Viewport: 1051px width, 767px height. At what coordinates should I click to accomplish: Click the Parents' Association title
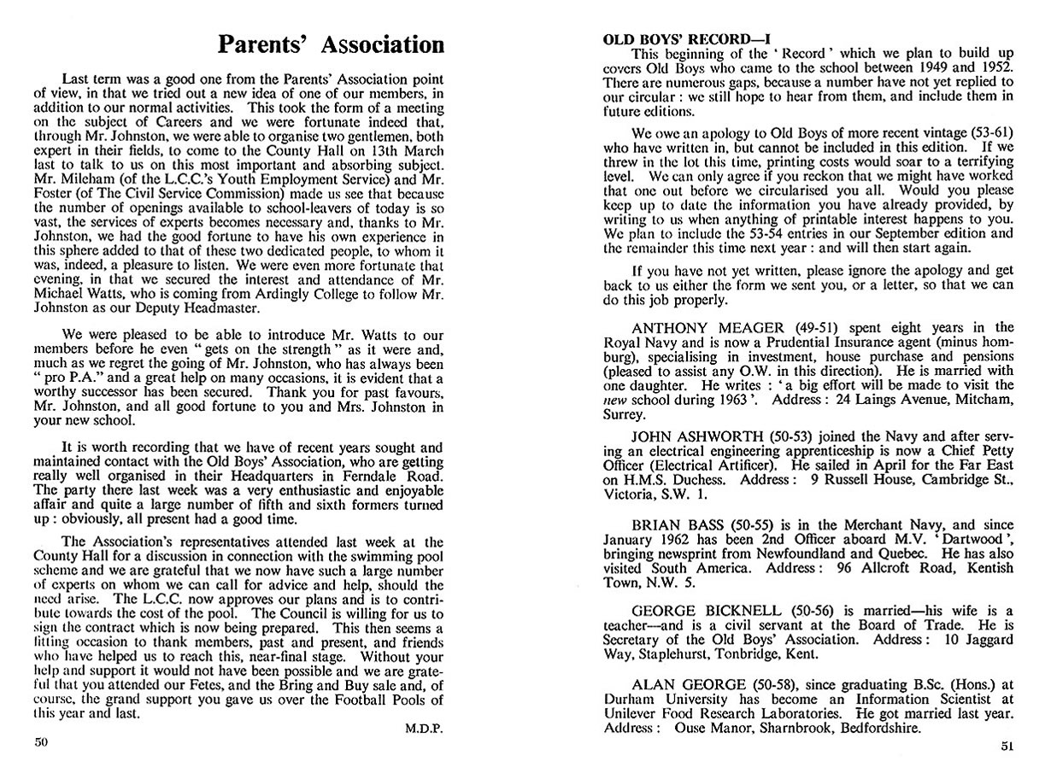[329, 44]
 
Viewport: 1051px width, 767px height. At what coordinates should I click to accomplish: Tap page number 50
[41, 742]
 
